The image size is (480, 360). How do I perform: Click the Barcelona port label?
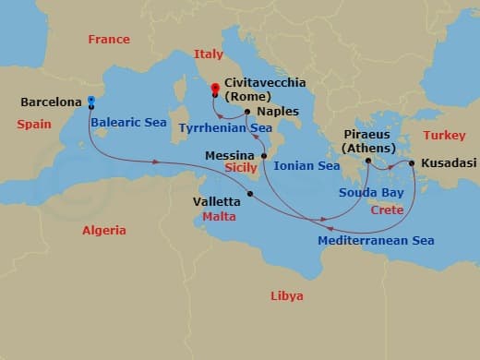tap(48, 103)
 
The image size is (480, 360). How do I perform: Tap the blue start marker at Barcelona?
tap(90, 101)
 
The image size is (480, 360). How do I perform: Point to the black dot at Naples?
tap(247, 113)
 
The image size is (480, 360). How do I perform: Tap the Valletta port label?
tap(218, 198)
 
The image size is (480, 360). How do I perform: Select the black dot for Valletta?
tap(250, 193)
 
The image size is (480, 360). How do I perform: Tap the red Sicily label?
tap(240, 170)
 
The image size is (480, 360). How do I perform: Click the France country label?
tap(108, 40)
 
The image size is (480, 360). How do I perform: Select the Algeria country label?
tap(104, 230)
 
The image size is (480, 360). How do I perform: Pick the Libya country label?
tap(286, 295)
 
